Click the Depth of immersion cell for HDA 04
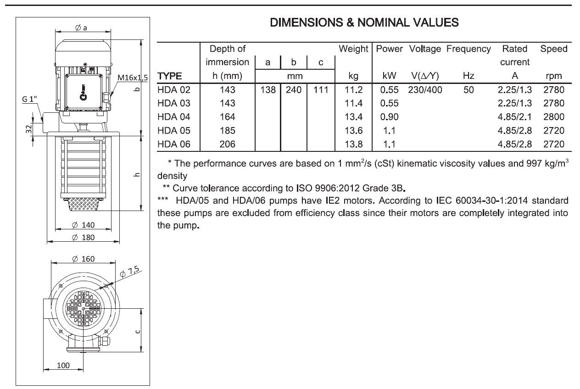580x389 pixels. click(x=227, y=117)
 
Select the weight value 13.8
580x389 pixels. click(x=353, y=144)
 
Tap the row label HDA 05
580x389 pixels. click(x=174, y=130)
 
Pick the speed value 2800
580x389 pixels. click(x=553, y=117)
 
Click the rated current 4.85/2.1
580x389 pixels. click(x=514, y=117)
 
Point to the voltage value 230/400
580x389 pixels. click(x=425, y=90)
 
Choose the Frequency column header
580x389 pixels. click(x=468, y=49)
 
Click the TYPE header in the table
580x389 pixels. click(x=170, y=76)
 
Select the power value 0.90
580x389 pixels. click(x=389, y=117)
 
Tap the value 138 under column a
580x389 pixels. click(x=268, y=90)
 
